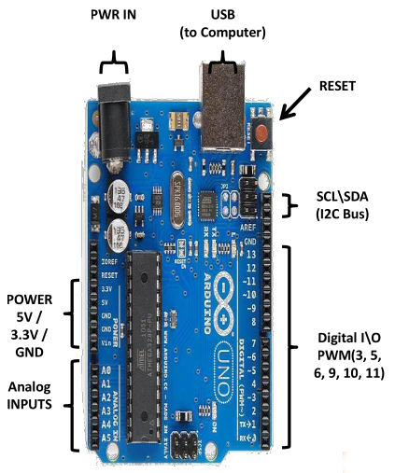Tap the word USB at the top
pos(222,17)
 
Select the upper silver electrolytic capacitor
pos(120,194)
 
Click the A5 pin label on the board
pos(106,436)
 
